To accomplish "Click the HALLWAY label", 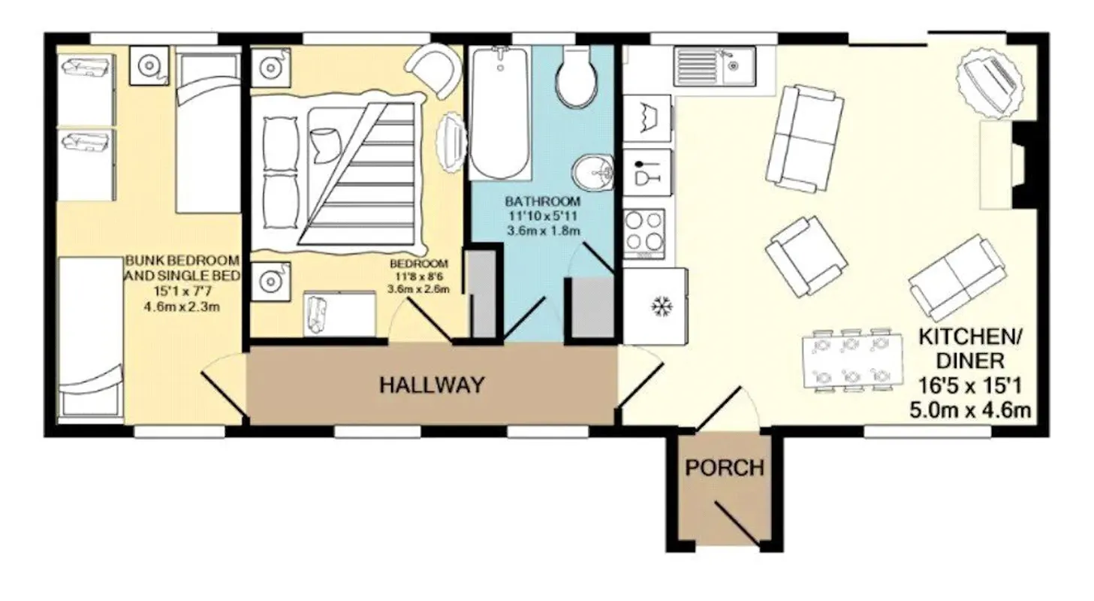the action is pyautogui.click(x=432, y=385).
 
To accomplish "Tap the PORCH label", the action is pyautogui.click(x=725, y=468).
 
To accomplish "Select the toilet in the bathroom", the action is pyautogui.click(x=578, y=76).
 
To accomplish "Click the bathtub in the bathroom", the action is pyautogui.click(x=499, y=113).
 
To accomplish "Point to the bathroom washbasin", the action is pyautogui.click(x=593, y=173).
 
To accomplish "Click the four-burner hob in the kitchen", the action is pyautogui.click(x=645, y=234).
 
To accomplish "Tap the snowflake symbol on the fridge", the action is pyautogui.click(x=662, y=307).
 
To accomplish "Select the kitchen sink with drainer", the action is pyautogui.click(x=715, y=66).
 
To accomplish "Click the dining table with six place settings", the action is pyautogui.click(x=852, y=360).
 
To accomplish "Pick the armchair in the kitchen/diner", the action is pyautogui.click(x=806, y=256).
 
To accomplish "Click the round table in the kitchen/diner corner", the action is pyautogui.click(x=991, y=86).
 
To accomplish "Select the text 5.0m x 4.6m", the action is pyautogui.click(x=970, y=410).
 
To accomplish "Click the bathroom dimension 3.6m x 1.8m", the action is pyautogui.click(x=543, y=231).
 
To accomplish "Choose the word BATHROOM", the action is pyautogui.click(x=543, y=201).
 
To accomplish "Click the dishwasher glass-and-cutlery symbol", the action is pyautogui.click(x=647, y=172).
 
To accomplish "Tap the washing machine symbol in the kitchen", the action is pyautogui.click(x=647, y=118).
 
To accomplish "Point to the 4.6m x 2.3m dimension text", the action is pyautogui.click(x=182, y=307).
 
